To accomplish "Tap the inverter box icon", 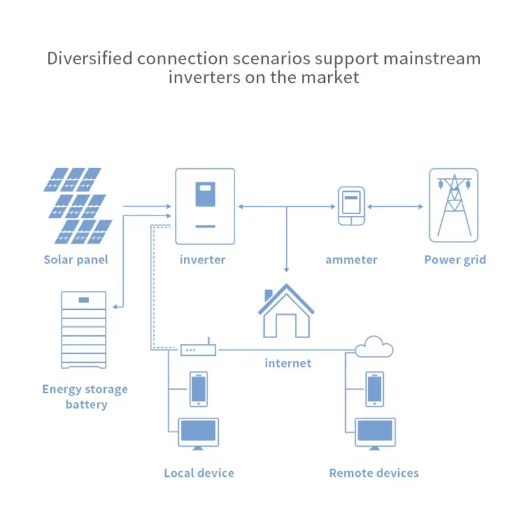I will pyautogui.click(x=205, y=206).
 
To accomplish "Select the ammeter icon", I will pyautogui.click(x=351, y=206).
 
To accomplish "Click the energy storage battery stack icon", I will pyautogui.click(x=83, y=331).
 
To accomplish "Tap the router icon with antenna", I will pyautogui.click(x=198, y=349).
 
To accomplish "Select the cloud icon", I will pyautogui.click(x=375, y=346).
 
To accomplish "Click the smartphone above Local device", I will pyautogui.click(x=198, y=389).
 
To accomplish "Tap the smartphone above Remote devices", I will pyautogui.click(x=375, y=389).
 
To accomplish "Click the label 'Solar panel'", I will pyautogui.click(x=76, y=259).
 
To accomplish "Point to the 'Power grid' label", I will pyautogui.click(x=455, y=259).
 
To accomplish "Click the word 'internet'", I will pyautogui.click(x=288, y=363).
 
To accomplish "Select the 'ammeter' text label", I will pyautogui.click(x=351, y=259).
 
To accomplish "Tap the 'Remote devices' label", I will pyautogui.click(x=373, y=473).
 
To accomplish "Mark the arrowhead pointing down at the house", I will pyautogui.click(x=286, y=269).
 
